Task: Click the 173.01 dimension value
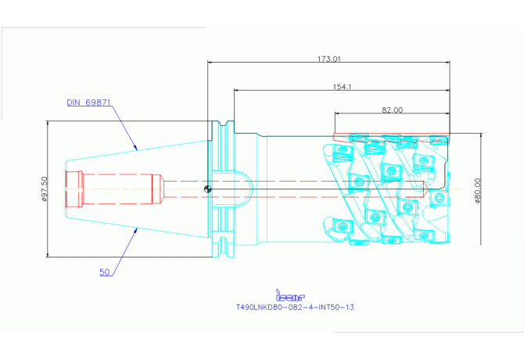[x=328, y=59]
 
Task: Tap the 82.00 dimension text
[x=392, y=110]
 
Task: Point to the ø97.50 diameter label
[x=45, y=188]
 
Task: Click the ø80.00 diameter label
[x=476, y=188]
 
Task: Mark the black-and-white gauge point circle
[x=206, y=188]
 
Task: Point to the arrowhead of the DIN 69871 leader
[x=138, y=148]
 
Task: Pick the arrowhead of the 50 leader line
[x=138, y=228]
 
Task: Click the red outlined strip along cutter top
[x=391, y=137]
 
